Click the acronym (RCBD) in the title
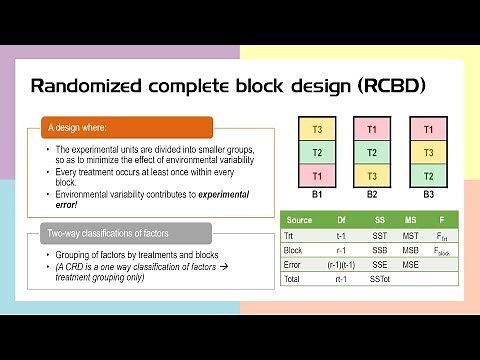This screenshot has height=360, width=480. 391,85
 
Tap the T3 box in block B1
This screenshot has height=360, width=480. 317,129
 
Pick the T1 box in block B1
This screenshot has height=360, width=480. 317,175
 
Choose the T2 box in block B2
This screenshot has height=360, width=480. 372,152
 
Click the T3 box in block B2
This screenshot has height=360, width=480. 372,175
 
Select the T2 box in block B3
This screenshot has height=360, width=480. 428,175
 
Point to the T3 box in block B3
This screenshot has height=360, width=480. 428,152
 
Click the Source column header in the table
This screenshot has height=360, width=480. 298,219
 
